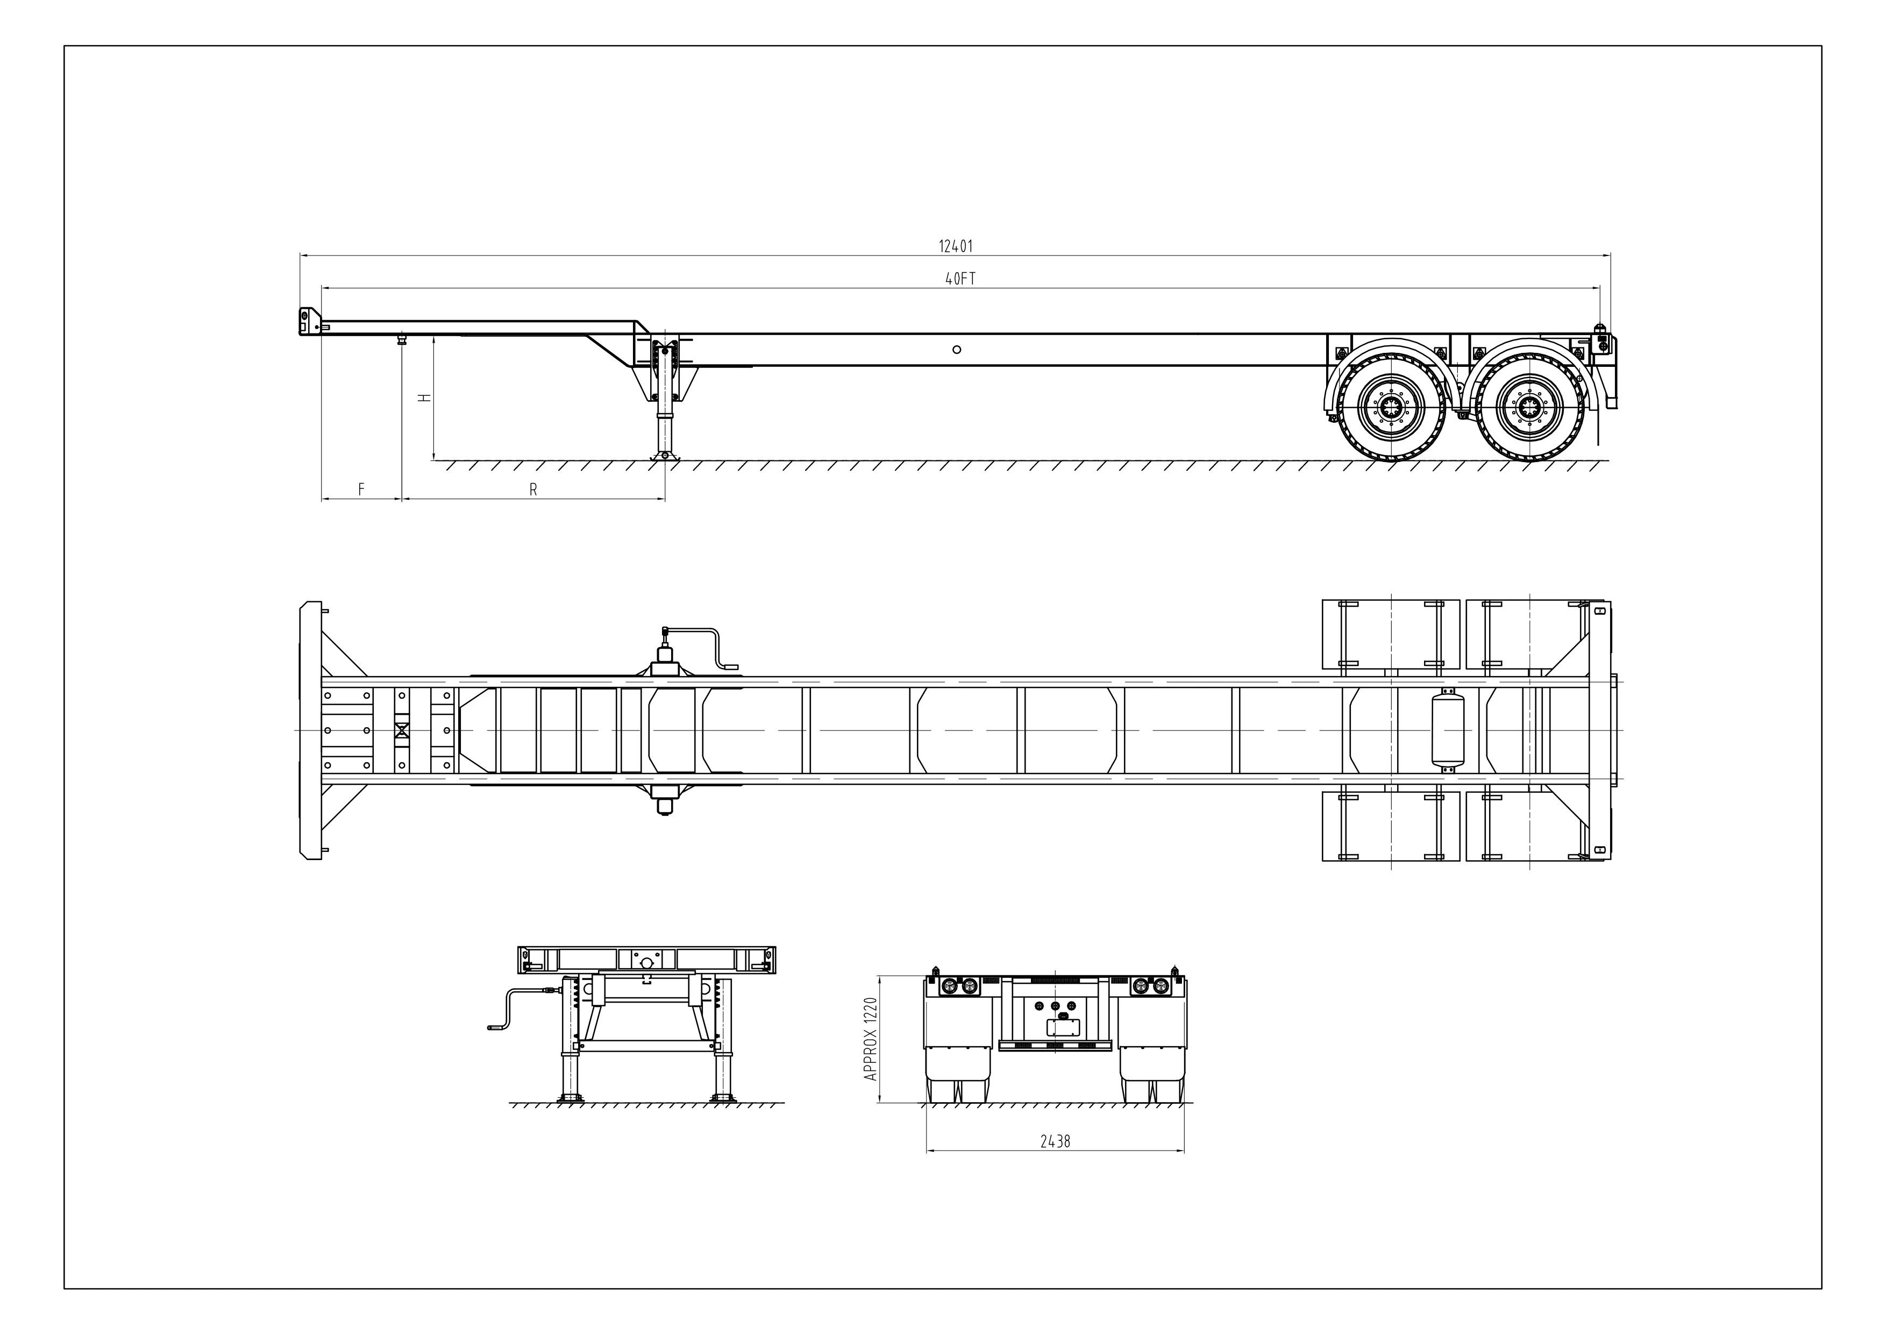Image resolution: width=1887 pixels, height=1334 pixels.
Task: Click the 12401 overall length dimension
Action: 956,246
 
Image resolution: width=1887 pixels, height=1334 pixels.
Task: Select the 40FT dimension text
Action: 960,279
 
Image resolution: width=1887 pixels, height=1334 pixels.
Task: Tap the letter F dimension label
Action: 361,490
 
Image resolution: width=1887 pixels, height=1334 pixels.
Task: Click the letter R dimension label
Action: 532,490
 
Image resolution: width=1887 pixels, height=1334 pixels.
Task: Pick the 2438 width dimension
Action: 1055,1141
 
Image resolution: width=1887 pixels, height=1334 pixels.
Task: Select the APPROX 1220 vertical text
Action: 871,1039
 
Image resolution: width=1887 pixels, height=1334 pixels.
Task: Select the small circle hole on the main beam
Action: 957,349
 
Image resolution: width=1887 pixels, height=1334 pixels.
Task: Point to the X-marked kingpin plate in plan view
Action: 402,730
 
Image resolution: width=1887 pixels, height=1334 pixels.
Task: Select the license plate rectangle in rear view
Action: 1062,1027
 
